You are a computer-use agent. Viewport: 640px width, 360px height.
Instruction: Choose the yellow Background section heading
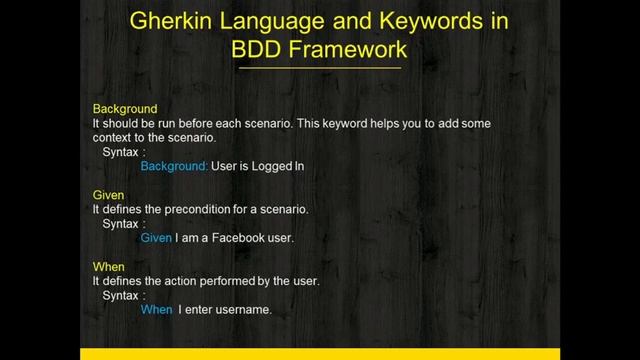point(125,108)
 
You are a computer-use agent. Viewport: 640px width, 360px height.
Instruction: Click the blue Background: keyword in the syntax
point(174,166)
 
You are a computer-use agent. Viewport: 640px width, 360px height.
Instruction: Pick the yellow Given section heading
point(108,195)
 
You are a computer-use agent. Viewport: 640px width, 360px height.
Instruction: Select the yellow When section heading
point(108,267)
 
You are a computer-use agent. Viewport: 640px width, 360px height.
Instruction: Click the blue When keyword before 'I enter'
point(156,310)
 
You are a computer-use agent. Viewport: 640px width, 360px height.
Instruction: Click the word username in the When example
point(244,310)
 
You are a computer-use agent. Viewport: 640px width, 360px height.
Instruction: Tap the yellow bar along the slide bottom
point(319,354)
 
